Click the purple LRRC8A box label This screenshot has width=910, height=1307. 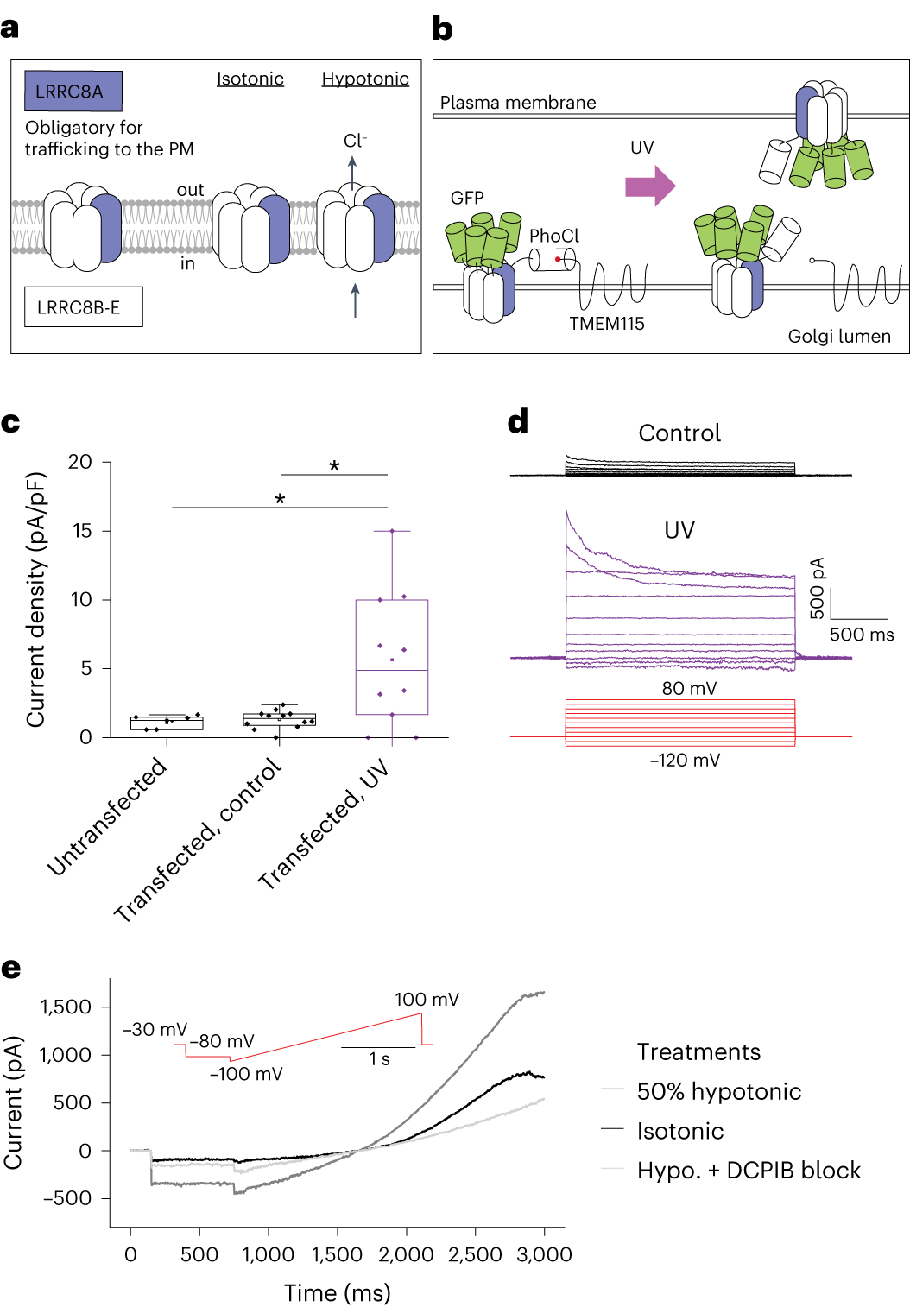click(x=73, y=92)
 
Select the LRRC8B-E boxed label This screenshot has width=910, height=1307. click(x=83, y=307)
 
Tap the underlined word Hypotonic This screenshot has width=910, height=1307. click(x=365, y=79)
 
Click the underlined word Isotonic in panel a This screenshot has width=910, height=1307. click(x=250, y=79)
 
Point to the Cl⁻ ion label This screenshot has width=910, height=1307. click(x=355, y=141)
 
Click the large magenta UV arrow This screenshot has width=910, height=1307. click(x=649, y=186)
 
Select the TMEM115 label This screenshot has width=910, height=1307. click(x=606, y=324)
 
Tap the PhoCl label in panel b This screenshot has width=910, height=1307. click(x=553, y=236)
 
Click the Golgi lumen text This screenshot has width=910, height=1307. click(x=838, y=337)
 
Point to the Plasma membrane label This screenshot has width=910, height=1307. click(x=518, y=103)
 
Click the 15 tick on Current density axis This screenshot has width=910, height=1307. click(x=81, y=531)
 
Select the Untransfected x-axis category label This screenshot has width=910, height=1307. click(x=107, y=816)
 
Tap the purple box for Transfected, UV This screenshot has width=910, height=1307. click(x=391, y=656)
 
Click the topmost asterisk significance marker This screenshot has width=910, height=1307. click(x=334, y=466)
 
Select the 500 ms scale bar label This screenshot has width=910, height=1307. click(x=861, y=635)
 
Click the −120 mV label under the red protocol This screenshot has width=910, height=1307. click(x=685, y=761)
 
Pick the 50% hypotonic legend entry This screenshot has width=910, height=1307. click(x=718, y=1091)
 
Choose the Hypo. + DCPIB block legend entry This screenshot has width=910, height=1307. click(x=748, y=1171)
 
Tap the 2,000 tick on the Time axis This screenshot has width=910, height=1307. click(x=406, y=1254)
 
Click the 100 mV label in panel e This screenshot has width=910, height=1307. click(x=427, y=1000)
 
